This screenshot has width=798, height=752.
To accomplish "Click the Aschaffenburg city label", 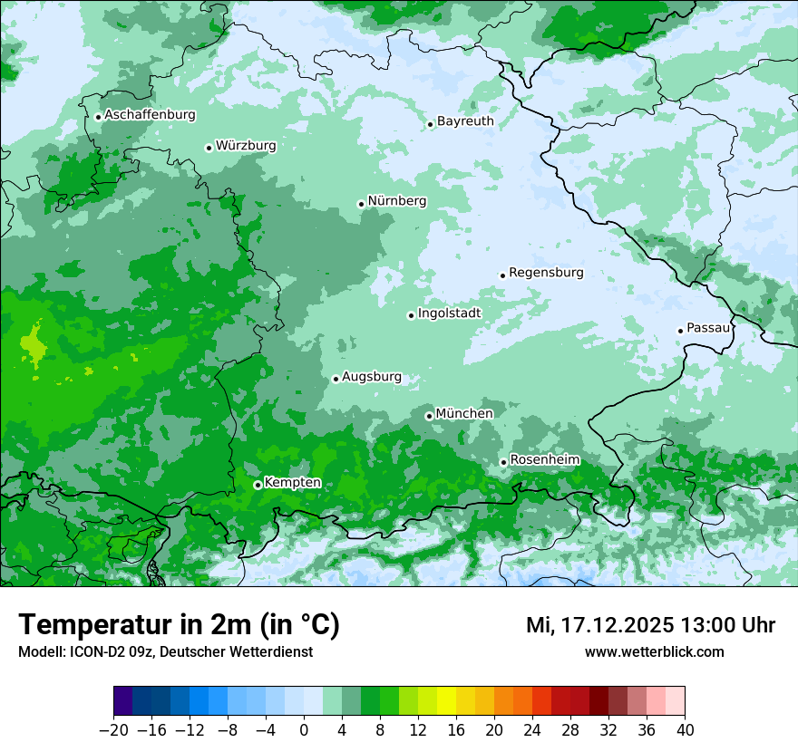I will click(150, 115).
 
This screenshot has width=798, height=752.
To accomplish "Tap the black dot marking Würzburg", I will click(209, 148).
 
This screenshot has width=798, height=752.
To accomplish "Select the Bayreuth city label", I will click(465, 121).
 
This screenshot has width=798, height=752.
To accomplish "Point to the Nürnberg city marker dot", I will click(361, 204).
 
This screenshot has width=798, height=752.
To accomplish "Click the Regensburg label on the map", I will click(546, 272).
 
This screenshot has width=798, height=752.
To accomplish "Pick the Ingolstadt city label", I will click(449, 313).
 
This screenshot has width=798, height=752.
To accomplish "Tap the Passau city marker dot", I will click(680, 331).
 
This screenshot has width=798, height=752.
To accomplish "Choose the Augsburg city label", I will click(372, 377).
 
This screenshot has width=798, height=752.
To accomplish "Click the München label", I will click(464, 413).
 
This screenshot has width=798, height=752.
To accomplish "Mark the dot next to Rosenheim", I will click(503, 462).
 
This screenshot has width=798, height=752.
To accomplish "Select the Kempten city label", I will click(292, 483).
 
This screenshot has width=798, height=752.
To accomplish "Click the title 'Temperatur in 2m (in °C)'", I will click(179, 625).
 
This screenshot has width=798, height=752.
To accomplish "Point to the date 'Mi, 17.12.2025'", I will click(598, 625).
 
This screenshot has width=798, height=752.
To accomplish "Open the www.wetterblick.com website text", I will click(654, 651).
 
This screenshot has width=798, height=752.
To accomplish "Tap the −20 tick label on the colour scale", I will click(113, 730).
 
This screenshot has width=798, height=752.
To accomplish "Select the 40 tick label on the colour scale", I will click(685, 730).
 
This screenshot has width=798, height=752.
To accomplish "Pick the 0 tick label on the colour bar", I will click(304, 730).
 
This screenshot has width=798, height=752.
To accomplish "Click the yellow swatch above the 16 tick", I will click(446, 701).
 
